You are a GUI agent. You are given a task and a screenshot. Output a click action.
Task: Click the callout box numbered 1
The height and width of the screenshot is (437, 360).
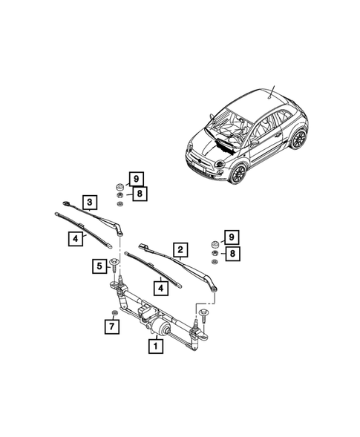[156, 345]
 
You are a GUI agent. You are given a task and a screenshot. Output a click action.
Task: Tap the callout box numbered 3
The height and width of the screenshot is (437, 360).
[89, 203]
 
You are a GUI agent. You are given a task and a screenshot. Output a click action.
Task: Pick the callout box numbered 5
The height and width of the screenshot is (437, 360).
[98, 266]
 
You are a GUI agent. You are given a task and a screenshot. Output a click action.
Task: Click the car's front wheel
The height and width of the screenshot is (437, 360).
[238, 174]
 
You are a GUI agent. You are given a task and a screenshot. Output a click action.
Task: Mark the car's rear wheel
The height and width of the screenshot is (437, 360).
[298, 138]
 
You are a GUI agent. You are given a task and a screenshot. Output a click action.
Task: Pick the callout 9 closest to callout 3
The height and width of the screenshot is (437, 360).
[136, 179]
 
